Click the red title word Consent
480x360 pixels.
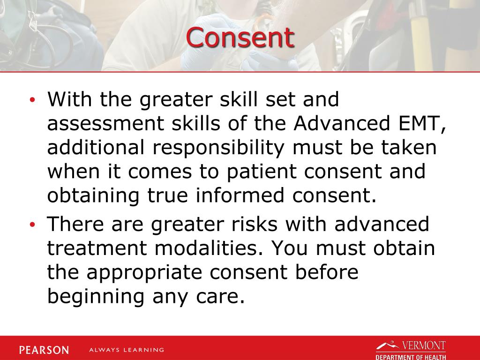pos(240,37)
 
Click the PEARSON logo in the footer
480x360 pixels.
pos(44,350)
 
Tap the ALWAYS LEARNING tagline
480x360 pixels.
pos(127,350)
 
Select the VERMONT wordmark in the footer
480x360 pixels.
pos(423,346)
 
